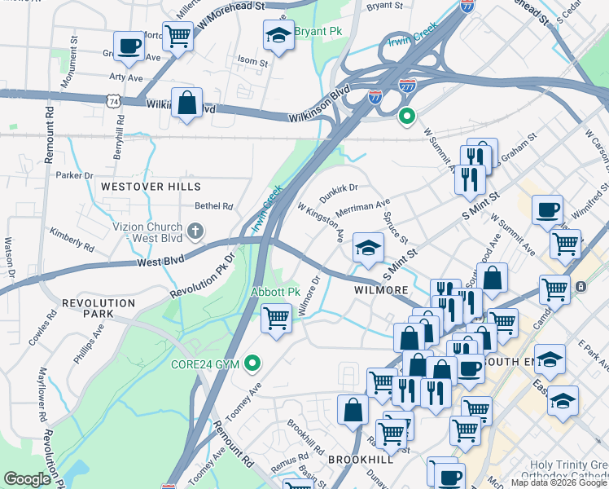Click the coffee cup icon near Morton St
(128, 46)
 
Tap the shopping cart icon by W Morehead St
(177, 35)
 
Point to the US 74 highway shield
(113, 99)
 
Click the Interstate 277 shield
(407, 85)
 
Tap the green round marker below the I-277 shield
(407, 117)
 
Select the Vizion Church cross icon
(195, 231)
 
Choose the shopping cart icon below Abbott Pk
(276, 317)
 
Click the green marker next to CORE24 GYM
(253, 363)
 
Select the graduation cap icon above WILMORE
(368, 248)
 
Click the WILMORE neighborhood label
(380, 289)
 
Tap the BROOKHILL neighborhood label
(361, 460)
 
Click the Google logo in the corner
(28, 479)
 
